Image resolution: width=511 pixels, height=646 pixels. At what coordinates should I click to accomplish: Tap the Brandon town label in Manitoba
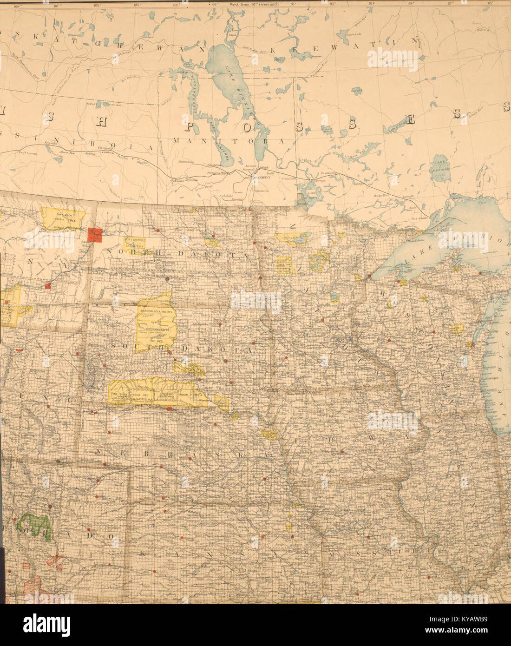pyautogui.click(x=191, y=179)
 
